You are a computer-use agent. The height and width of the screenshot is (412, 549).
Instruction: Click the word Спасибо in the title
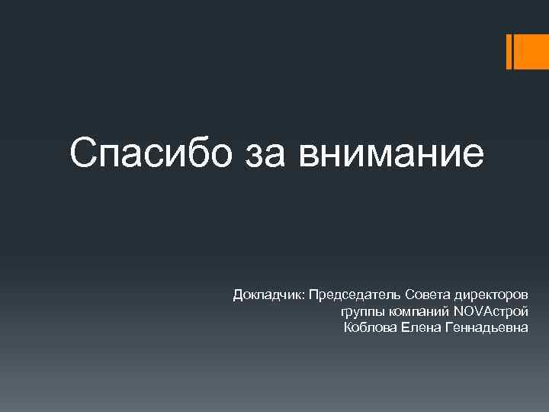(x=142, y=153)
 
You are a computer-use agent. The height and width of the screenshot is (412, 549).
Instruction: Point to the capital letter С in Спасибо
(x=82, y=153)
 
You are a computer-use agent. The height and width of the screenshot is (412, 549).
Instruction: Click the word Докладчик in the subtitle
(x=268, y=294)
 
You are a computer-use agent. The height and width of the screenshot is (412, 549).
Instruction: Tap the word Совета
(x=429, y=294)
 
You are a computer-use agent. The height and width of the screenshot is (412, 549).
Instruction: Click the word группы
(x=362, y=311)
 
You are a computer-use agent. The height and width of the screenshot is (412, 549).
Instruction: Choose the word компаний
(x=419, y=311)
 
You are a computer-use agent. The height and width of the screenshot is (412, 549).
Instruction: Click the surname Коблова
(x=370, y=328)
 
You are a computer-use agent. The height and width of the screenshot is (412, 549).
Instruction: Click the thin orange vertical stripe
(x=509, y=51)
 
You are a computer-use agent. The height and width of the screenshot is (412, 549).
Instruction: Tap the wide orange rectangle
(x=532, y=51)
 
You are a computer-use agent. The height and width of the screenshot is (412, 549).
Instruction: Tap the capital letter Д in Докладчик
(x=239, y=294)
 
